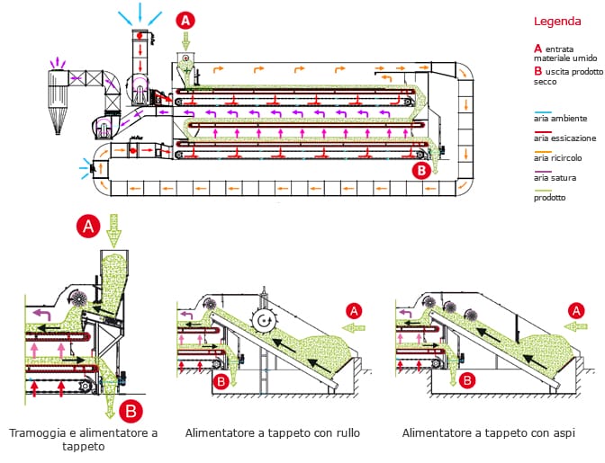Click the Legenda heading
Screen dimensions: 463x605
[x=557, y=21]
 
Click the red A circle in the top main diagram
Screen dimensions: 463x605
[x=185, y=19]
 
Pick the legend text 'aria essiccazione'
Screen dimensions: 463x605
[x=565, y=138]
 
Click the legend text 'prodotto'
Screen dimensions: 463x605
[x=550, y=197]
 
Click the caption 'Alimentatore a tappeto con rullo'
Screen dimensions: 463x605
[x=272, y=433]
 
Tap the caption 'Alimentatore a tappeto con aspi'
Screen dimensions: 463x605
[x=489, y=433]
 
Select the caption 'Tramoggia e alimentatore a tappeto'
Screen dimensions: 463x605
[x=83, y=440]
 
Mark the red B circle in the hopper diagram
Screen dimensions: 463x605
[x=131, y=411]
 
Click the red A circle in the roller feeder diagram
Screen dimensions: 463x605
[x=355, y=311]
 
